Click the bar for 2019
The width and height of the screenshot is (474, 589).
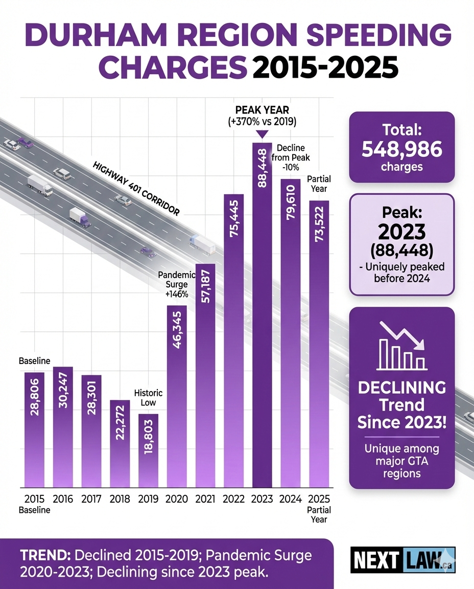coord(148,450)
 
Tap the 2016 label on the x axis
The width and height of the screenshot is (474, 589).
coord(63,500)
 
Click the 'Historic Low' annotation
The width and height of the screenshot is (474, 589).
coord(148,398)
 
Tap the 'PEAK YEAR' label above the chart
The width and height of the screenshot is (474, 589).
coord(262,110)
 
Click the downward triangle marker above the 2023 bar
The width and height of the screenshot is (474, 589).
coord(262,134)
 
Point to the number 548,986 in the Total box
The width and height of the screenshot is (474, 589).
coord(401,149)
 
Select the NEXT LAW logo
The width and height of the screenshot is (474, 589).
coord(402,560)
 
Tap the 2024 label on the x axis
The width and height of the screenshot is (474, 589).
coord(290,500)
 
